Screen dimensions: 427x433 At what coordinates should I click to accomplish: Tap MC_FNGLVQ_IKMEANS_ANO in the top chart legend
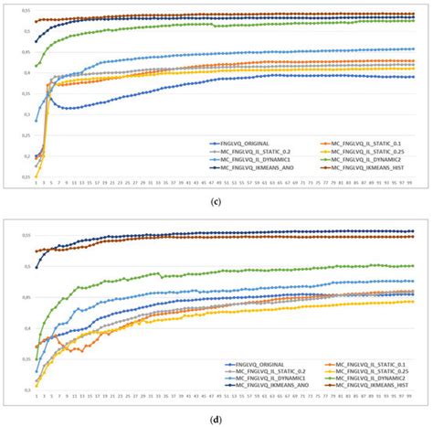tap(247, 169)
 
